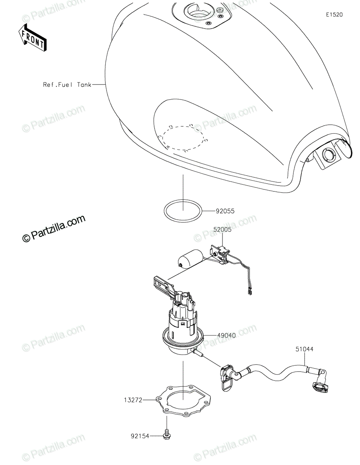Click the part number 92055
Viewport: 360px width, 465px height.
[225, 211]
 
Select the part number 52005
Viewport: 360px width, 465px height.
[222, 229]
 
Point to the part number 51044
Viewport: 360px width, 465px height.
[304, 349]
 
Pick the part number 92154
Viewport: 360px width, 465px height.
[140, 436]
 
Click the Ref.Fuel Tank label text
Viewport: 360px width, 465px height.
[67, 84]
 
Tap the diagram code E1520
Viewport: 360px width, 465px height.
[334, 15]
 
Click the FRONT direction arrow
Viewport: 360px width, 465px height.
[33, 38]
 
